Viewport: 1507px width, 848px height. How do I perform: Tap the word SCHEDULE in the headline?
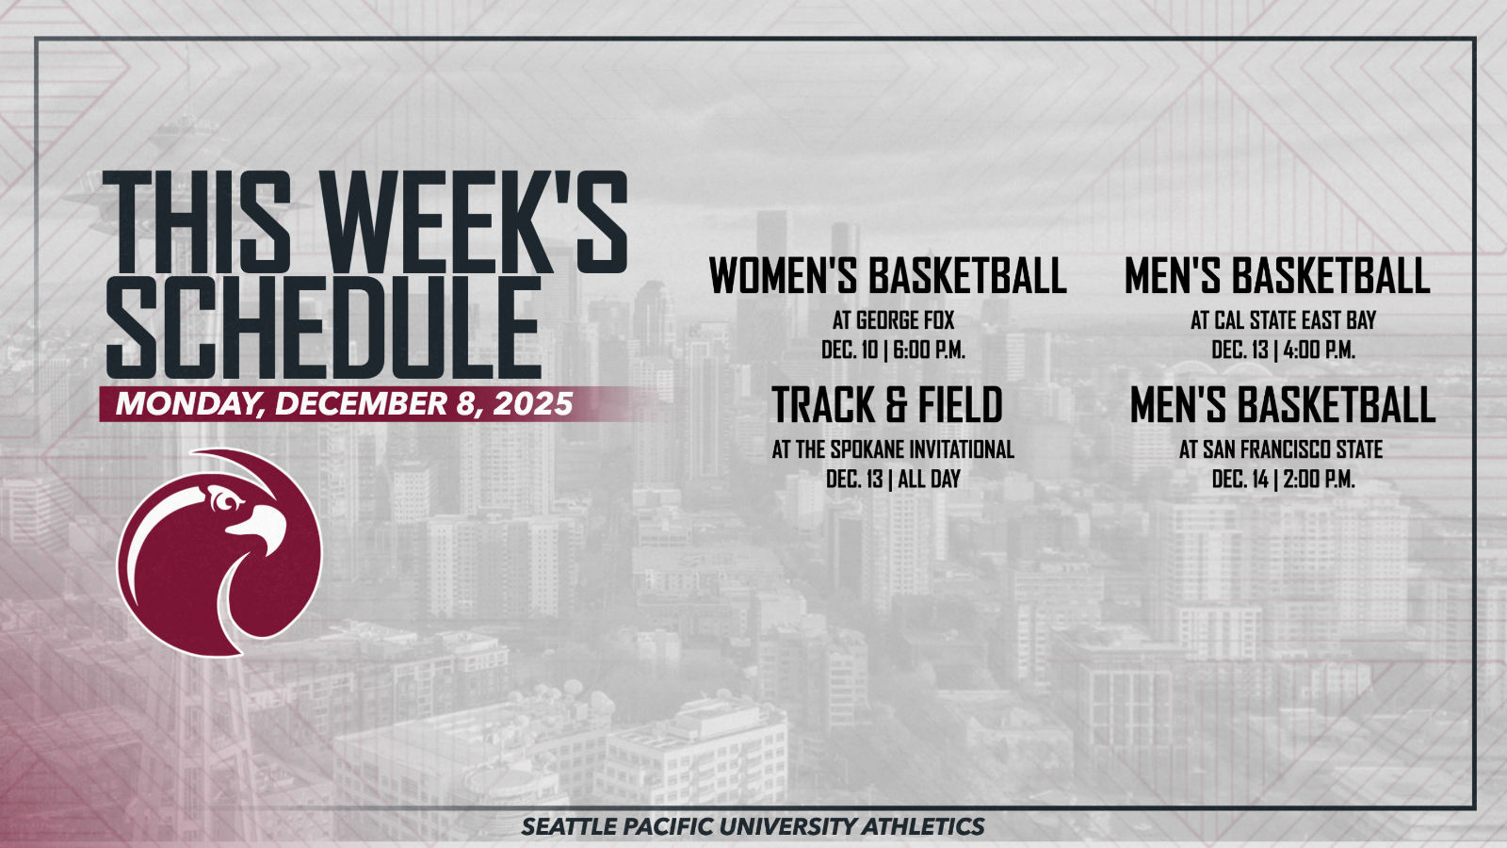324,328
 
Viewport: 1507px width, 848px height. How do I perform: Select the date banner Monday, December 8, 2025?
344,404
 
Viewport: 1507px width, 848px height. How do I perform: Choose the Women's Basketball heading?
888,275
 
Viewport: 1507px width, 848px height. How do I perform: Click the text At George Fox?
894,320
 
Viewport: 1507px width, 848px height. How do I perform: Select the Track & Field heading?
886,404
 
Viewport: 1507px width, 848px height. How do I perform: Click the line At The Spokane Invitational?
893,449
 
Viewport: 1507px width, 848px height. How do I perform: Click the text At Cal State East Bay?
1284,320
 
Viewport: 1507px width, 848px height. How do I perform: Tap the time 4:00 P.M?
1320,350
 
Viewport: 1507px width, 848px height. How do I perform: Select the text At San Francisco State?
1281,449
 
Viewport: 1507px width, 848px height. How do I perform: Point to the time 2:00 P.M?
1320,480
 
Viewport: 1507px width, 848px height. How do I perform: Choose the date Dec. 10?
850,350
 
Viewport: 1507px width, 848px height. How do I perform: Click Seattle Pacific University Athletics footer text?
753,826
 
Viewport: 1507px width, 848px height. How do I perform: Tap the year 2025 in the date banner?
533,404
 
